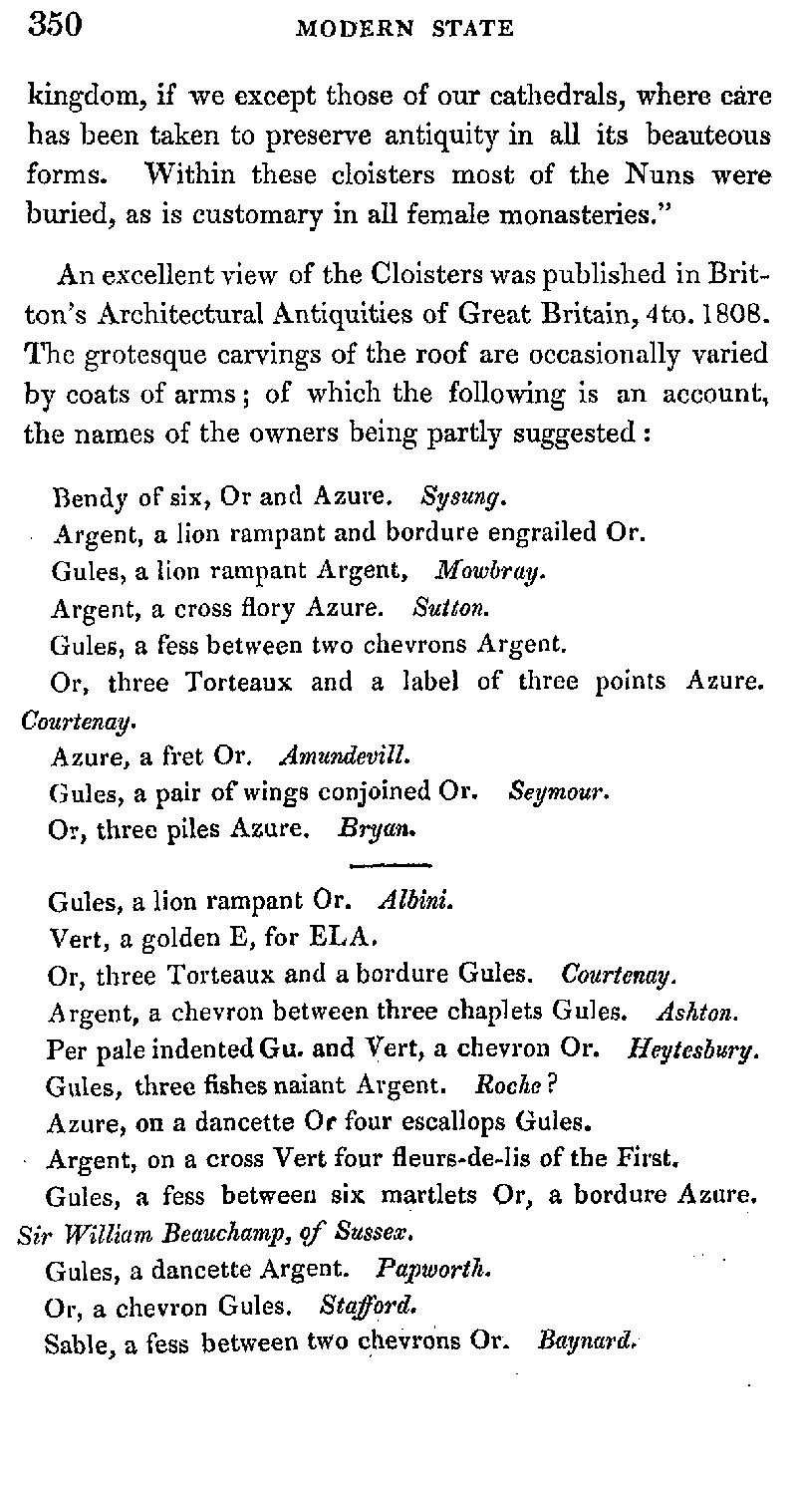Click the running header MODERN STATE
[x=405, y=29]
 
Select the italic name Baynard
[x=586, y=1341]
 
